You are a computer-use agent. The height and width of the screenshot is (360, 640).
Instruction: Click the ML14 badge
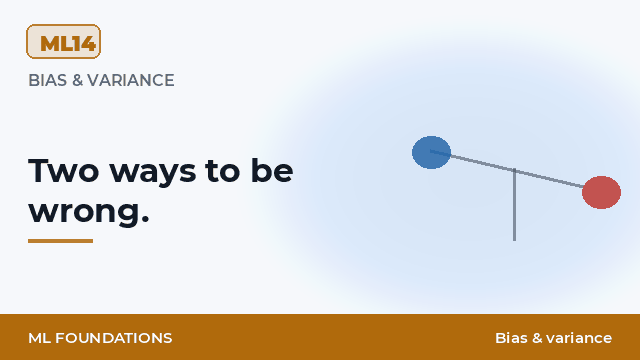point(63,42)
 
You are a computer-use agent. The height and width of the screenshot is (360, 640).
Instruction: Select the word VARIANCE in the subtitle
point(131,80)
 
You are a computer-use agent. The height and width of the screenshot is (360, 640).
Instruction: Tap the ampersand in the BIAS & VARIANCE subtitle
point(77,80)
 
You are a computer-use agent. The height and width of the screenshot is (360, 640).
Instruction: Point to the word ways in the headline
point(153,174)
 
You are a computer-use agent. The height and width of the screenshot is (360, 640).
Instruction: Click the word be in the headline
point(272,170)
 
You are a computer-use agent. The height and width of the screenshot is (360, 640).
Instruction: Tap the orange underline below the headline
point(60,241)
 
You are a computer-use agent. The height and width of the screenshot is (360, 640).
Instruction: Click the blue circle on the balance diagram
point(431,152)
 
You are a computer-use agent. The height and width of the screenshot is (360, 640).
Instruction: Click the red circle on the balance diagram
point(601,192)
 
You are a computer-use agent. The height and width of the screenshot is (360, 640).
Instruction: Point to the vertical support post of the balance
point(514,205)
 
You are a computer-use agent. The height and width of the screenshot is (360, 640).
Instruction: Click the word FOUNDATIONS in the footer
point(113,338)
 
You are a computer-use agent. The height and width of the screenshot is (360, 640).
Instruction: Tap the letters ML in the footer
point(39,338)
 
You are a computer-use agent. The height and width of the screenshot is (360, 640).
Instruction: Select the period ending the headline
point(144,220)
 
